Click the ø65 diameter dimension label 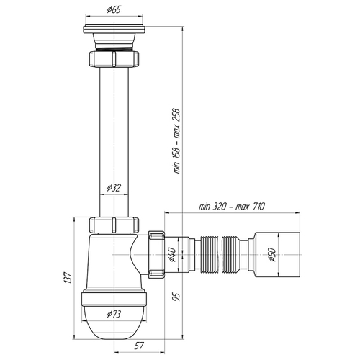[114, 10]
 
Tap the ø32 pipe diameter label [114, 188]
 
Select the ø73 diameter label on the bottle [114, 314]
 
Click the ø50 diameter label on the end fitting [272, 254]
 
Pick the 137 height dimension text [68, 278]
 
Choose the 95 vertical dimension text [176, 297]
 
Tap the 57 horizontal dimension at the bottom [139, 346]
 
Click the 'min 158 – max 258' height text [176, 141]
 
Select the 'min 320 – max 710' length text [231, 207]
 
